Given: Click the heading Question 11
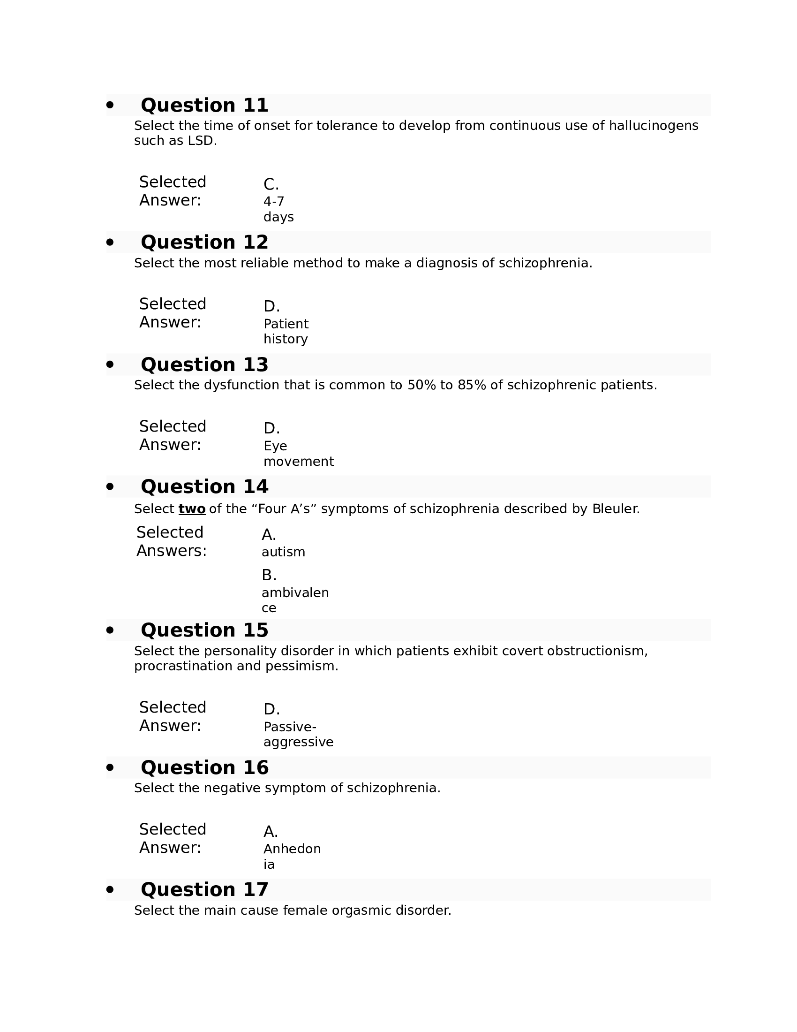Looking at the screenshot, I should coord(204,105).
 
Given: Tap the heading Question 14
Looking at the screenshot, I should coord(204,486).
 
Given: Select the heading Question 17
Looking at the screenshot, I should coord(204,889).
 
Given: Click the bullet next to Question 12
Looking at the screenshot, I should coord(110,243).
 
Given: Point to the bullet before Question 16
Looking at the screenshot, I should coord(110,767).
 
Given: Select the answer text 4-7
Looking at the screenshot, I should coord(274,202).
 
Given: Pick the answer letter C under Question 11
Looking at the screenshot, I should coord(271,184).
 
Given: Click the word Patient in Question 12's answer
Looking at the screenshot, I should coord(286,324).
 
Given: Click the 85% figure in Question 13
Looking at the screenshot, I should coord(472,385).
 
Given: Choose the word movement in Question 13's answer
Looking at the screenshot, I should coord(298,461).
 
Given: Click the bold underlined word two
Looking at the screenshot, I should coord(192,509).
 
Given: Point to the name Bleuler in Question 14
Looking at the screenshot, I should coord(616,509).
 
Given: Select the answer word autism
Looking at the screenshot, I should coord(283,552).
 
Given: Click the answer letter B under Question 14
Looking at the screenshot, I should coord(269,575).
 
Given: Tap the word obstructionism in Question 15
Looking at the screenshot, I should coord(597,651).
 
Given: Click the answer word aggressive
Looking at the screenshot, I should coord(298,742).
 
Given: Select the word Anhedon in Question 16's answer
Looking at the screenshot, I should coord(292,849).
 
